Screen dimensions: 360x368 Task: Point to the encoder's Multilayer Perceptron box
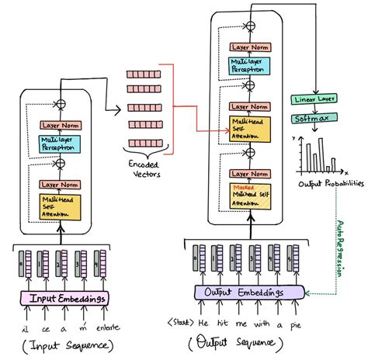coord(62,142)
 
